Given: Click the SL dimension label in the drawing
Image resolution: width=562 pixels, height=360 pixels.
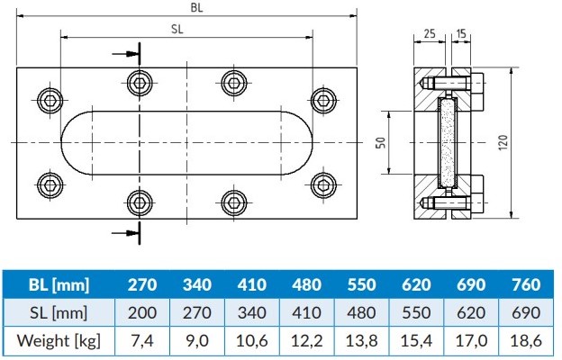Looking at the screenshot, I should tap(178, 28).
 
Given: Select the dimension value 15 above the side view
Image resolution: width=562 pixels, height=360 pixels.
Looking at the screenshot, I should tap(462, 33).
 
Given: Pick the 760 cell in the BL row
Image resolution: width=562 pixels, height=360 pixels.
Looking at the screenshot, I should tap(524, 285).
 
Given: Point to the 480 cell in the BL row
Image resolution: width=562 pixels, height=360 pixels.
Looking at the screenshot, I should tap(308, 285).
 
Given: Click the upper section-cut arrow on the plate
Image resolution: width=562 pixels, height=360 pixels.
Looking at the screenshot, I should tap(127, 53).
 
